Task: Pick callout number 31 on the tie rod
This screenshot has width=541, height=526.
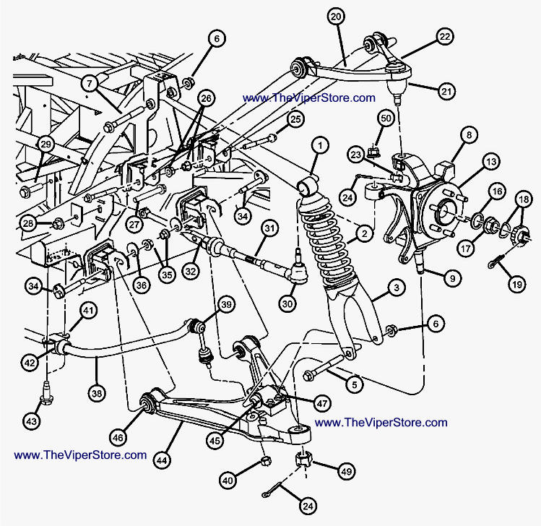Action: [269, 230]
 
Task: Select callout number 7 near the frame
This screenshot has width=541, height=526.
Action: [90, 83]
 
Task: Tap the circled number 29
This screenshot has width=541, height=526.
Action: [46, 144]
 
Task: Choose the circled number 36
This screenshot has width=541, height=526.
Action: [142, 285]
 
